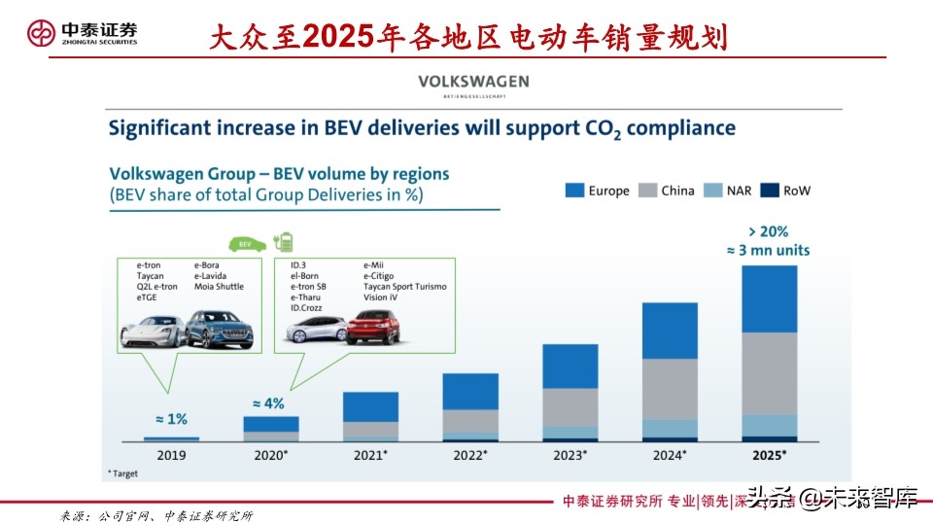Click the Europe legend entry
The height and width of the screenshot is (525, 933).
(597, 191)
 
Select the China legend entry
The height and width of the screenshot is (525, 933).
(666, 191)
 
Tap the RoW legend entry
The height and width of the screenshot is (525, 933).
(786, 191)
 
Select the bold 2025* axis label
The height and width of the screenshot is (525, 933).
(769, 455)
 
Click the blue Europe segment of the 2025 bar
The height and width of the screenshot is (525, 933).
(769, 298)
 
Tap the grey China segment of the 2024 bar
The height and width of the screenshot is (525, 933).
(670, 389)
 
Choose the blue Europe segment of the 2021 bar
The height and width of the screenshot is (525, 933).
(371, 406)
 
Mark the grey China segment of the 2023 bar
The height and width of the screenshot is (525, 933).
(570, 407)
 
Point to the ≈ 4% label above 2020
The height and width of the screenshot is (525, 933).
(267, 402)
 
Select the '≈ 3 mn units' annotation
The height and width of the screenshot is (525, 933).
(768, 250)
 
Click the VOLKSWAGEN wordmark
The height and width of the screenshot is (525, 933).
(473, 82)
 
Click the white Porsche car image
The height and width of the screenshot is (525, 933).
(152, 332)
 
